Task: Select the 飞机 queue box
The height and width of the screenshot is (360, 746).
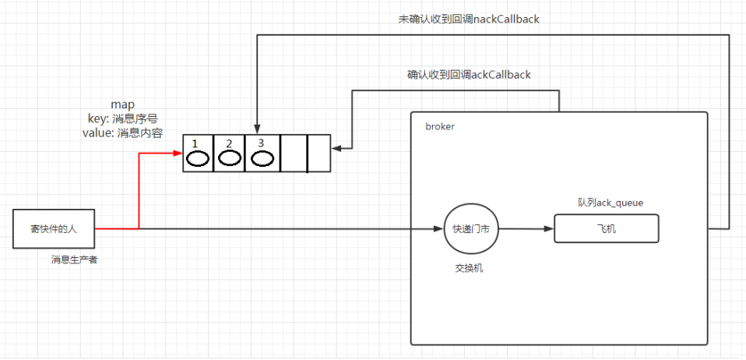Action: (606, 229)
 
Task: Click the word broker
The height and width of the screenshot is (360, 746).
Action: (439, 126)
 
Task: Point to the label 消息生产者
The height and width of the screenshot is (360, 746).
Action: (75, 259)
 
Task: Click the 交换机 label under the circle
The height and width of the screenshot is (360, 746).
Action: (470, 268)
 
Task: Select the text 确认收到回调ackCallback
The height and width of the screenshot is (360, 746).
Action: (468, 75)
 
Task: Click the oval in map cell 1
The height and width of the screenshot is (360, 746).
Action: (199, 159)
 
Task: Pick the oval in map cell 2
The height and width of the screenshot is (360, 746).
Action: (229, 159)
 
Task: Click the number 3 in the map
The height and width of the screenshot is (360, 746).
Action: (260, 143)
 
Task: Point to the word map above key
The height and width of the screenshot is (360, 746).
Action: (124, 104)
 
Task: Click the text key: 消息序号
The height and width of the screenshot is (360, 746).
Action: (124, 118)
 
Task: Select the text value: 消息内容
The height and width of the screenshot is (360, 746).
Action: (122, 132)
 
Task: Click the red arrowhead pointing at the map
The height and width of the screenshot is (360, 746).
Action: (178, 154)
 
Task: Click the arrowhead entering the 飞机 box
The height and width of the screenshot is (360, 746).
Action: (550, 229)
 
